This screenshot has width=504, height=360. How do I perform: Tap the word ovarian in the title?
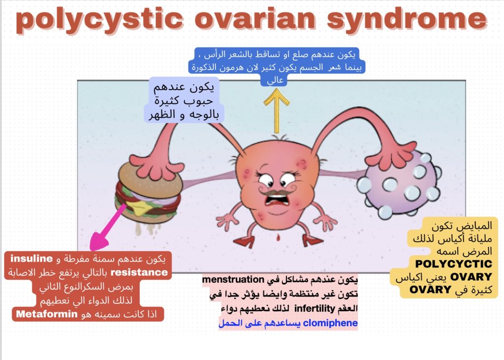click(255, 19)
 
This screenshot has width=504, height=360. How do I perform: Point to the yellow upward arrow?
click(277, 111)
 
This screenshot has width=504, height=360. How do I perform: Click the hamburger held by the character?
click(148, 193)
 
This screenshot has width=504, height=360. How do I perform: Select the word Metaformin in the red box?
click(47, 314)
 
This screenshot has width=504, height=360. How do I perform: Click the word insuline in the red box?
click(31, 258)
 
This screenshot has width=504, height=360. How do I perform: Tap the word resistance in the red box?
click(139, 272)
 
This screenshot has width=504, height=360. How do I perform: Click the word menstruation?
click(233, 280)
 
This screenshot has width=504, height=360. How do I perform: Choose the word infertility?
click(315, 309)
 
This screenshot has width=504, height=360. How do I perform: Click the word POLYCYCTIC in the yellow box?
click(453, 264)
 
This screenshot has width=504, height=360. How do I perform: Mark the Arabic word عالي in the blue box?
click(276, 80)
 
